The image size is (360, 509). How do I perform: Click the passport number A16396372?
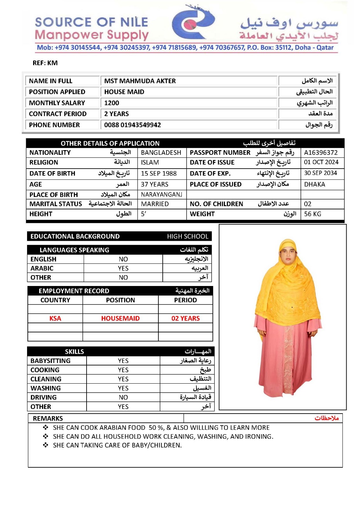pyautogui.click(x=321, y=153)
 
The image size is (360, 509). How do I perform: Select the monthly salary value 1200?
pyautogui.click(x=112, y=103)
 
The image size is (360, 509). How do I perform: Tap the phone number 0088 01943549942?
pyautogui.click(x=132, y=125)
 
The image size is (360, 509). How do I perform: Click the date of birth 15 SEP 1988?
pyautogui.click(x=159, y=173)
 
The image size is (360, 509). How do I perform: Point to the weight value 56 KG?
pyautogui.click(x=312, y=214)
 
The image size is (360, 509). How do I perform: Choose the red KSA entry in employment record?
pyautogui.click(x=55, y=318)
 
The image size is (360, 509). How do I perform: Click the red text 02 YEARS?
pyautogui.click(x=186, y=318)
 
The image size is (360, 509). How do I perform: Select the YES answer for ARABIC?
pyautogui.click(x=123, y=268)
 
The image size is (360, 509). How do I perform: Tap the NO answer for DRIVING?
pyautogui.click(x=123, y=397)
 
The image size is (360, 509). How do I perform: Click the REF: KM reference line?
pyautogui.click(x=45, y=63)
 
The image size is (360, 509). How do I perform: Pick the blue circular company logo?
pyautogui.click(x=193, y=23)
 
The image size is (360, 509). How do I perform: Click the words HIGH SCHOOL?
pyautogui.click(x=187, y=236)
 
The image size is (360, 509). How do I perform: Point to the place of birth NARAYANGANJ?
pyautogui.click(x=161, y=195)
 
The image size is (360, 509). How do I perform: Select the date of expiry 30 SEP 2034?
pyautogui.click(x=320, y=173)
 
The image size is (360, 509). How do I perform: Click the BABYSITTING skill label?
pyautogui.click(x=50, y=361)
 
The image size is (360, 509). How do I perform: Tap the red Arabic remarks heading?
pyautogui.click(x=327, y=418)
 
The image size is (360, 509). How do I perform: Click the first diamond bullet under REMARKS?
pyautogui.click(x=46, y=428)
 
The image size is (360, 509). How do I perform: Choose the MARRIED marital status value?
pyautogui.click(x=155, y=204)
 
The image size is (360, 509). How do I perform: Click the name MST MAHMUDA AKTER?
pyautogui.click(x=140, y=81)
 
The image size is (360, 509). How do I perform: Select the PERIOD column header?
pyautogui.click(x=185, y=300)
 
